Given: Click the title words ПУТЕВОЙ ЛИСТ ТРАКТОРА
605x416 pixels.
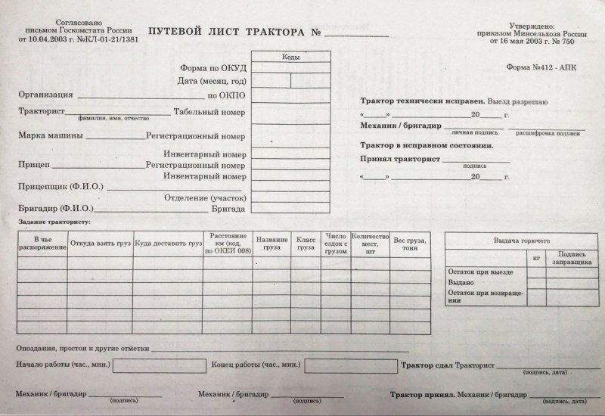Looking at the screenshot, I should pos(227,33).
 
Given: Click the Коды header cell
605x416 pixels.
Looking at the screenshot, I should pos(290,57).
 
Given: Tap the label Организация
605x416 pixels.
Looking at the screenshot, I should pos(45,95).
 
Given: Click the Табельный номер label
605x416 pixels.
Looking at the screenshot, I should pos(209,112).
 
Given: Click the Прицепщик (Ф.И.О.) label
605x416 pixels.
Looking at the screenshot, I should pos(60,186).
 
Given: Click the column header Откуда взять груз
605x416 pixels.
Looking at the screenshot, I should pos(100,244).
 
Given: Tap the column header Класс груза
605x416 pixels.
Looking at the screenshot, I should pos(306,244).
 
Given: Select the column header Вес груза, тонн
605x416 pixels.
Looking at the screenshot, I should pos(410,244).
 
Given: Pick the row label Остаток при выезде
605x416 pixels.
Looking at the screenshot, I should pos(481,272).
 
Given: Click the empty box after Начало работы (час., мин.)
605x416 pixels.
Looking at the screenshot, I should pos(160,365).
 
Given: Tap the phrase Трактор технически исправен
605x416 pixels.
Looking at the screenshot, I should pos(412,101).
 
